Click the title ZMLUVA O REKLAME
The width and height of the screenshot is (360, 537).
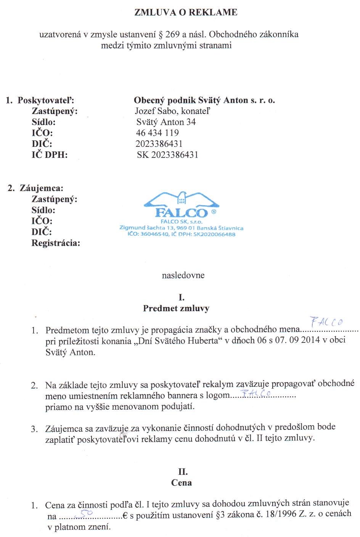pos(186,13)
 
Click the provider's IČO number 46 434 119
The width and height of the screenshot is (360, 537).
pos(157,133)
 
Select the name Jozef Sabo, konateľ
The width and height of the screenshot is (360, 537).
pos(172,111)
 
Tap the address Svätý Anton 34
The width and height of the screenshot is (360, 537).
pos(166,122)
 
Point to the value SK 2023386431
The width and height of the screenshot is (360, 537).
pos(167,155)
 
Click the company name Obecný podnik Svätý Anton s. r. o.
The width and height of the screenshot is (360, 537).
pos(204,100)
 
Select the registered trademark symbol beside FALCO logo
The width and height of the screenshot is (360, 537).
pos(213,211)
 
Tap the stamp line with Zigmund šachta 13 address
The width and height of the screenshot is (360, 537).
pos(181,228)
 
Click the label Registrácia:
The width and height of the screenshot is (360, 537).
pos(56,243)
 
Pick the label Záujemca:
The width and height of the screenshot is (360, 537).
pos(41,188)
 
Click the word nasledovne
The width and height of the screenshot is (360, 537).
pos(183,275)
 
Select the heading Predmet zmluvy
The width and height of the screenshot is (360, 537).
pos(176,308)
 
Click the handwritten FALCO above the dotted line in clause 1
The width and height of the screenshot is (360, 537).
pos(326,322)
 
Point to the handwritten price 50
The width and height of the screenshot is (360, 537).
pos(85,513)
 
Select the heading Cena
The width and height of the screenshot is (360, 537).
pos(182,482)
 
